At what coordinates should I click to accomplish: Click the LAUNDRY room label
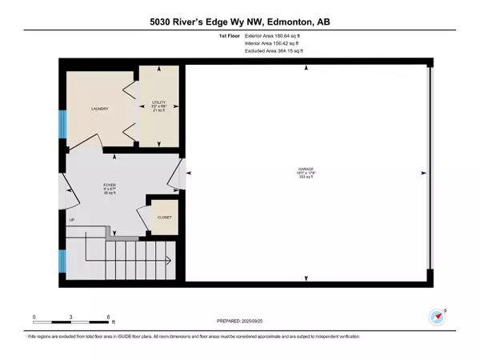(x=100, y=109)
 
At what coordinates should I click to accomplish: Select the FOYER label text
(x=108, y=186)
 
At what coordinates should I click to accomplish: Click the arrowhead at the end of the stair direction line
(x=170, y=260)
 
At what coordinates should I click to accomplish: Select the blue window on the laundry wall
(x=62, y=123)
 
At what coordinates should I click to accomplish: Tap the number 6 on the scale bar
(x=108, y=318)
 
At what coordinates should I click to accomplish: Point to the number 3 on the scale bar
(x=71, y=318)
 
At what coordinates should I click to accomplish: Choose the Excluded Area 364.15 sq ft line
(x=274, y=51)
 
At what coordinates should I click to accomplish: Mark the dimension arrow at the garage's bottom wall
(x=306, y=278)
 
